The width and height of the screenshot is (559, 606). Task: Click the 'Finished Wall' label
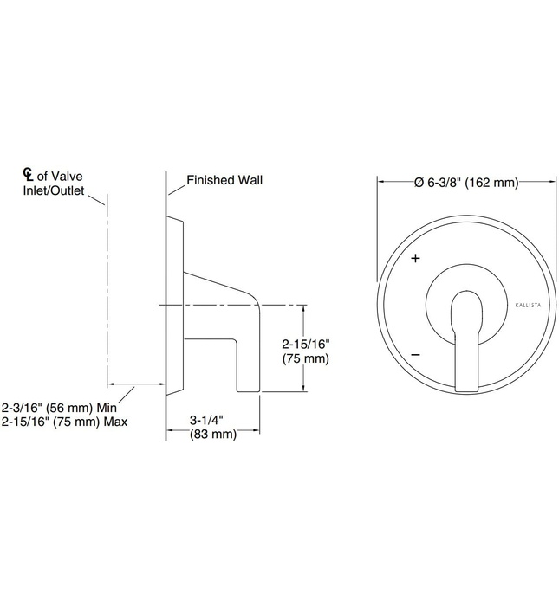224,181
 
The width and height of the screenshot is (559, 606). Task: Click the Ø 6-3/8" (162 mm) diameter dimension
465,182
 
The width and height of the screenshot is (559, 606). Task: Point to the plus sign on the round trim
416,259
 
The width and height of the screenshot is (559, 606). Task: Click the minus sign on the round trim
416,354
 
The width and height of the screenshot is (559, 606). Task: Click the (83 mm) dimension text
212,435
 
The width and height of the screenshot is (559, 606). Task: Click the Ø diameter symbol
418,182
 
